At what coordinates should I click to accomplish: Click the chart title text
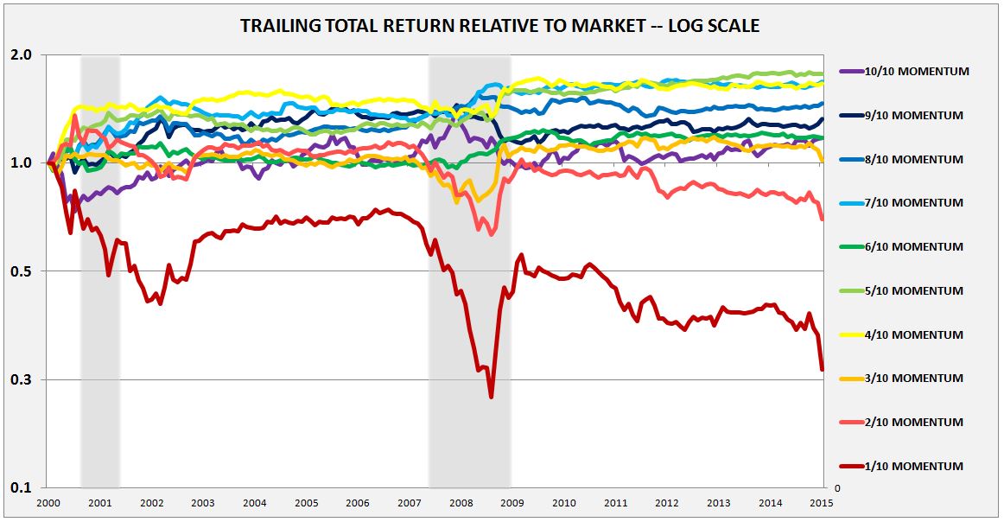click(x=500, y=26)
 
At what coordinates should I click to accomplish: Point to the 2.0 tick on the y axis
click(x=22, y=54)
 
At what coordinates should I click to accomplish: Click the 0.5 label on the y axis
click(x=22, y=271)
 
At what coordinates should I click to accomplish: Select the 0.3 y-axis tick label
click(x=22, y=380)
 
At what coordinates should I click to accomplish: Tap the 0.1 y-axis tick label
click(x=22, y=488)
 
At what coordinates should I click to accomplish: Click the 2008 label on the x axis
click(x=461, y=503)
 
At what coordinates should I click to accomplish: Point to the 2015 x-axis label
click(x=821, y=503)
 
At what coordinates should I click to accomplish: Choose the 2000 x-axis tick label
click(x=48, y=503)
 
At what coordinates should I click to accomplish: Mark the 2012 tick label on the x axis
click(x=666, y=503)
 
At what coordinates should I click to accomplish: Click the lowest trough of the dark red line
click(x=491, y=397)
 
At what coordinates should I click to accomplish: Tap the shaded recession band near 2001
click(x=100, y=259)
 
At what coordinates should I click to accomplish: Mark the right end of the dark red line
click(x=822, y=370)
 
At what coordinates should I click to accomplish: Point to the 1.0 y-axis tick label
click(x=22, y=163)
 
